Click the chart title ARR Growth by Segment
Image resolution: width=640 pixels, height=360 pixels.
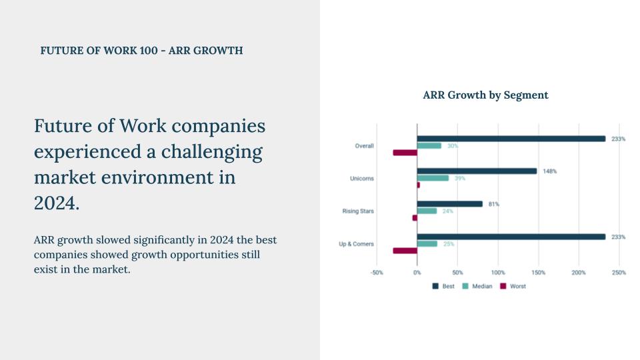[485, 95]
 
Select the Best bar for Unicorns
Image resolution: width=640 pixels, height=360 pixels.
[477, 171]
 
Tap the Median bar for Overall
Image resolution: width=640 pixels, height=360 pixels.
[429, 145]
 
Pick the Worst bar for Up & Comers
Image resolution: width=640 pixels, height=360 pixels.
[405, 251]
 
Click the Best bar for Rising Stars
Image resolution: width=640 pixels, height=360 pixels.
[450, 204]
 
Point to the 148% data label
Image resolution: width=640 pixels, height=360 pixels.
[550, 171]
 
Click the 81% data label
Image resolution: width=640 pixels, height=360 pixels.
[493, 204]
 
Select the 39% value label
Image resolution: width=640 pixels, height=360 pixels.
[459, 179]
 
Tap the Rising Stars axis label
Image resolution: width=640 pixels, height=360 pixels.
[358, 211]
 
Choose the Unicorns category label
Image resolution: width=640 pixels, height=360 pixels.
[362, 179]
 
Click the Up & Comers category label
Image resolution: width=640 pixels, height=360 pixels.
[356, 244]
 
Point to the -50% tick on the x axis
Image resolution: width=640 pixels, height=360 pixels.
[377, 273]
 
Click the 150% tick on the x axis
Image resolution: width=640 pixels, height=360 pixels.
[538, 273]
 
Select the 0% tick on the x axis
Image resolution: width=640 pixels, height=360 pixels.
[417, 273]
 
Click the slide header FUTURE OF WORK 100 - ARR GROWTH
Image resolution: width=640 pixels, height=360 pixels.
[141, 51]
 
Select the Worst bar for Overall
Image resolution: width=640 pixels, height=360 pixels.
[405, 153]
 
